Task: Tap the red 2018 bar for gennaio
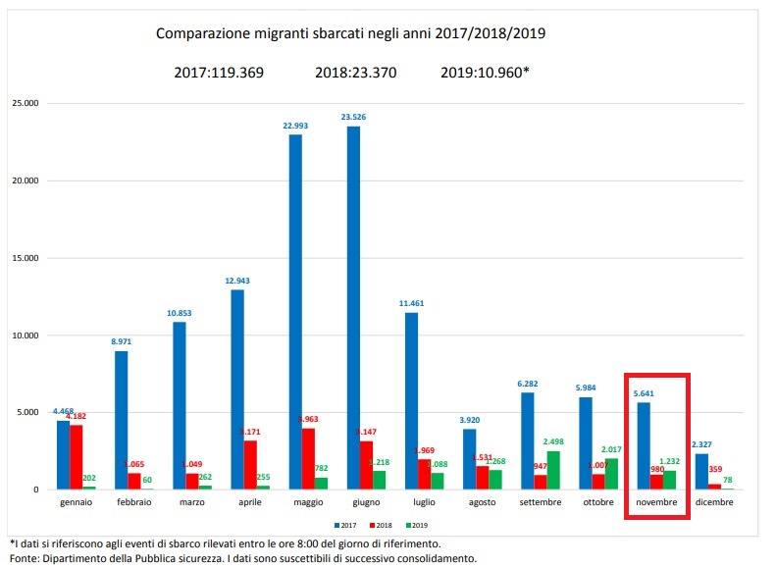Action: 77,457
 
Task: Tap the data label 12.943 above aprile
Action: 237,281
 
